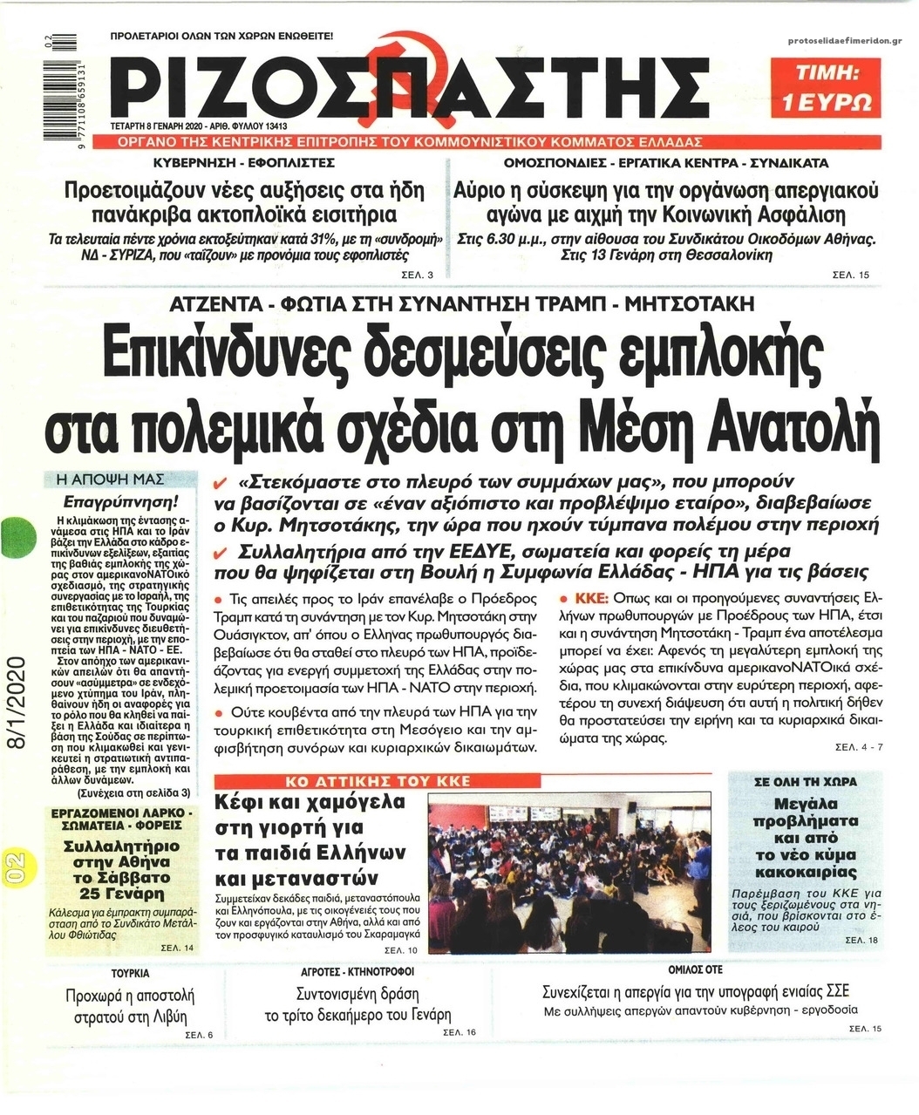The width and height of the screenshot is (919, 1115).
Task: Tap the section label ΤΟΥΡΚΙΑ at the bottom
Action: coord(130,972)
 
